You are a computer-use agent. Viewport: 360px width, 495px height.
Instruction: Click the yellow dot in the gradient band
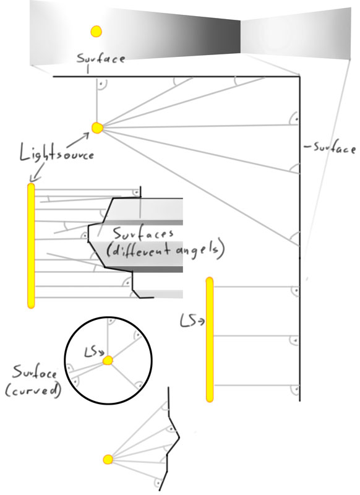tap(96, 32)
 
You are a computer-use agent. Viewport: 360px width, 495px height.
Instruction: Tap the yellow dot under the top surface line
tap(97, 127)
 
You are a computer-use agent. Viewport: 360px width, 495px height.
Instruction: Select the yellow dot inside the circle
tap(108, 360)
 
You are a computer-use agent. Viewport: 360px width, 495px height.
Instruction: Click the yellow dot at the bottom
tap(108, 459)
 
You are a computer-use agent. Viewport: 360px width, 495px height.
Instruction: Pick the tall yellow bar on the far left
tap(31, 246)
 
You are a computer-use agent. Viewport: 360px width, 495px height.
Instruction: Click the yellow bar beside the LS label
tap(210, 340)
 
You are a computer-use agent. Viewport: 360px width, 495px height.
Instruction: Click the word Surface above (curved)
tap(35, 372)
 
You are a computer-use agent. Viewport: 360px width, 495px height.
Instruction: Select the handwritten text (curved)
tap(33, 390)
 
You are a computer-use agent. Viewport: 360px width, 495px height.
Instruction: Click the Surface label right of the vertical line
tap(330, 148)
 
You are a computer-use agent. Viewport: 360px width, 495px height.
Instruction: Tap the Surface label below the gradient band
tap(101, 58)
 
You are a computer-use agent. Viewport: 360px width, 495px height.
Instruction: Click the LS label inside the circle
tap(92, 352)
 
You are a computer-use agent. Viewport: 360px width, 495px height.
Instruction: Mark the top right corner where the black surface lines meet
tap(299, 76)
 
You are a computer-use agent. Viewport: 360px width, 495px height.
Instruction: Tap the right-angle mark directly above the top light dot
tap(101, 85)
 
